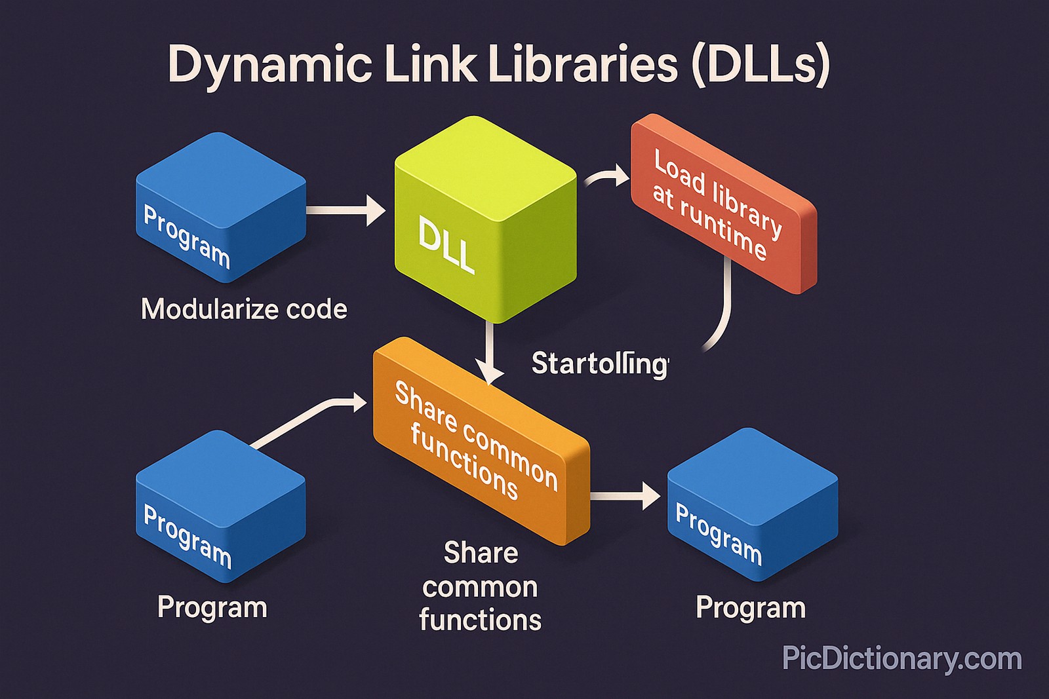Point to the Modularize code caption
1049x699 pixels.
coord(244,309)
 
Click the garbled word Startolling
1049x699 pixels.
coord(599,364)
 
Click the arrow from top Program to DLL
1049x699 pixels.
coord(345,210)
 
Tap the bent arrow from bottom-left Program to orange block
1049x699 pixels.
coord(308,419)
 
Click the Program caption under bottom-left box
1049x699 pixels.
coord(212,607)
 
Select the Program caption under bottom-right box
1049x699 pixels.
coord(751,607)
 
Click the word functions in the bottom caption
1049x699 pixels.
coord(480,620)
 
